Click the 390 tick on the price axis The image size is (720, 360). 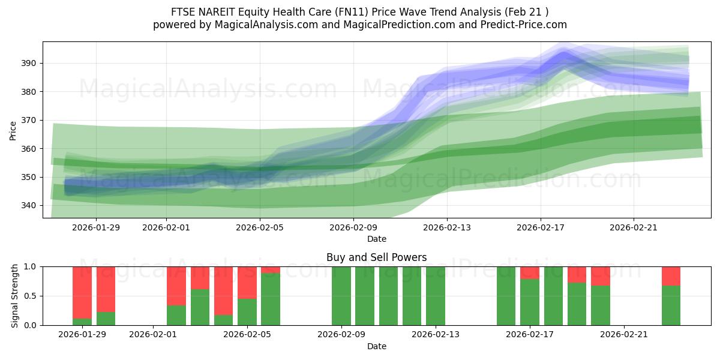click(29, 63)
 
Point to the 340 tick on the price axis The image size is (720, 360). click(29, 206)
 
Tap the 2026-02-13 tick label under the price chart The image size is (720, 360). click(446, 227)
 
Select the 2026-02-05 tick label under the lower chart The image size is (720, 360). click(247, 335)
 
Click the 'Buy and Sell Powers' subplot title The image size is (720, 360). click(376, 257)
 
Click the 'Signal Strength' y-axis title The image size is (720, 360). click(15, 296)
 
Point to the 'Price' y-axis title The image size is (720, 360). click(13, 130)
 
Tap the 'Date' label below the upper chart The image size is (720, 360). click(376, 239)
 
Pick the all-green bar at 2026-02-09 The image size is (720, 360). click(341, 296)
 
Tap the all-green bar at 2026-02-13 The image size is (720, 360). click(436, 296)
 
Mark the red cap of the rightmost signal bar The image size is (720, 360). click(671, 275)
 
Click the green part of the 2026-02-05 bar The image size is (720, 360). click(247, 312)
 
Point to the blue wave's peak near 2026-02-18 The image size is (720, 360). click(563, 55)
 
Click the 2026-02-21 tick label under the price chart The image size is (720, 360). click(634, 227)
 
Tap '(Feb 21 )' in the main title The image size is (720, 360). click(526, 12)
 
